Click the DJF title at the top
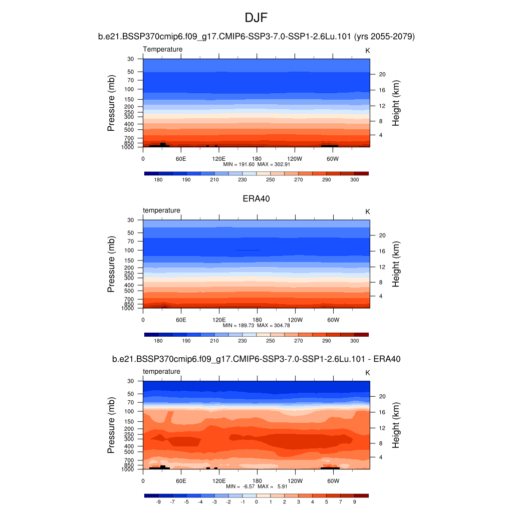click(x=256, y=18)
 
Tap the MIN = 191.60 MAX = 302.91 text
click(x=256, y=164)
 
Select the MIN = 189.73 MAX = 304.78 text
click(x=256, y=325)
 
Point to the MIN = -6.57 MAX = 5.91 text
click(x=256, y=486)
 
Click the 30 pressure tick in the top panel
click(x=131, y=59)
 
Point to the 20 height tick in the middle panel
click(x=381, y=235)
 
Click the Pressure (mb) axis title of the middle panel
click(x=111, y=264)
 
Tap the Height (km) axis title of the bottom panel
click(x=396, y=425)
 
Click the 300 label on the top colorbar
click(x=354, y=179)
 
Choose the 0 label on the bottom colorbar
click(x=256, y=501)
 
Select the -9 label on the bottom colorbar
click(x=158, y=501)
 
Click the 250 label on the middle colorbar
click(x=271, y=341)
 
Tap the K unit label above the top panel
click(x=367, y=50)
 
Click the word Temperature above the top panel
click(x=163, y=49)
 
